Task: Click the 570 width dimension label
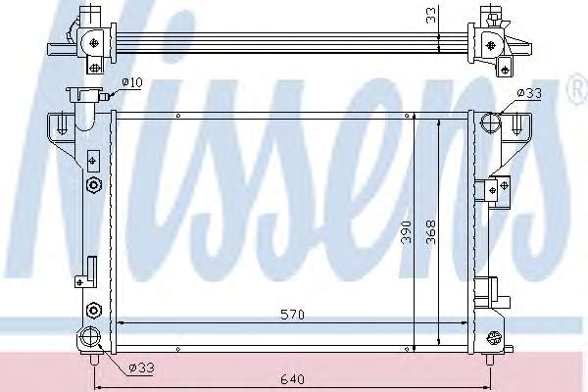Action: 292,315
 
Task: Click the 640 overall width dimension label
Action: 292,379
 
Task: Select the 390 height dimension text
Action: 406,232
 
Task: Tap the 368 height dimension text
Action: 431,232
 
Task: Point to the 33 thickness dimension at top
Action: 432,16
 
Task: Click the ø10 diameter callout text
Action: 132,82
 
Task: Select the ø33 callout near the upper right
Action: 529,93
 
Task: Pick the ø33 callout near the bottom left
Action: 141,367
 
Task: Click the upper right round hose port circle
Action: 491,122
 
